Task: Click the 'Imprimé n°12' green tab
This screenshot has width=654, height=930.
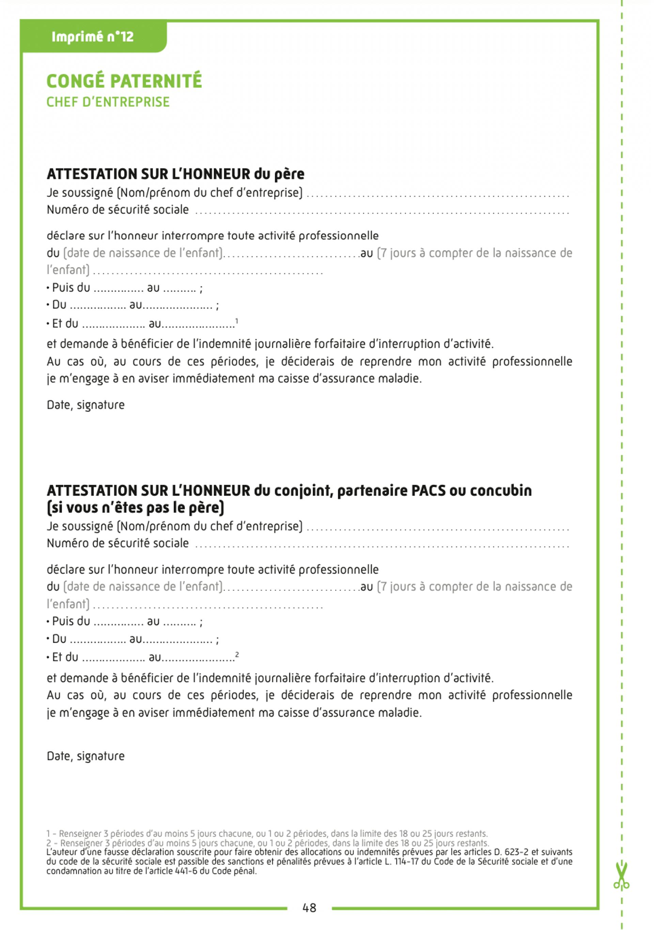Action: click(92, 37)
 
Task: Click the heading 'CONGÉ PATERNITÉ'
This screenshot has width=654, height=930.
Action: click(124, 81)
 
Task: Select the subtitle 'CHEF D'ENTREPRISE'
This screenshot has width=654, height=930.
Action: click(108, 102)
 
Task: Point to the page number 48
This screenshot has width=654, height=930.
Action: click(309, 908)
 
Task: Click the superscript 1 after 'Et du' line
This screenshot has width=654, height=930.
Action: click(237, 321)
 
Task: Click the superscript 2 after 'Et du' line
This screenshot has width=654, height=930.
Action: click(237, 655)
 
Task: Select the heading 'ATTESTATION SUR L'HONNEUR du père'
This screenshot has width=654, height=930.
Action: click(175, 174)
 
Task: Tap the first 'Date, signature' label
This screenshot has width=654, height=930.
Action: click(85, 405)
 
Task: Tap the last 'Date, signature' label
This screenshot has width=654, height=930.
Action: click(85, 756)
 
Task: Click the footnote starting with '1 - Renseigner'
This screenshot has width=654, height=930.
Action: click(267, 834)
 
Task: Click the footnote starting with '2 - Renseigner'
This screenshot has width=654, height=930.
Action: click(267, 843)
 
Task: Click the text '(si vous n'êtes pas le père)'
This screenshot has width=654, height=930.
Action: click(135, 508)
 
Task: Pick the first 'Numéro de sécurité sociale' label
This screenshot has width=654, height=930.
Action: click(118, 209)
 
